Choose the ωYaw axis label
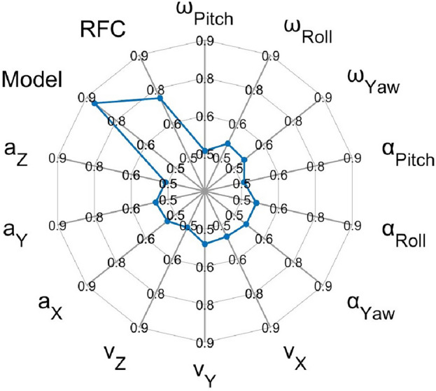pyautogui.click(x=374, y=79)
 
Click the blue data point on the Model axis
pyautogui.click(x=94, y=104)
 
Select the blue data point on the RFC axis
pyautogui.click(x=160, y=99)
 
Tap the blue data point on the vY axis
pyautogui.click(x=205, y=244)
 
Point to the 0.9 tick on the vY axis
pyautogui.click(x=205, y=343)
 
